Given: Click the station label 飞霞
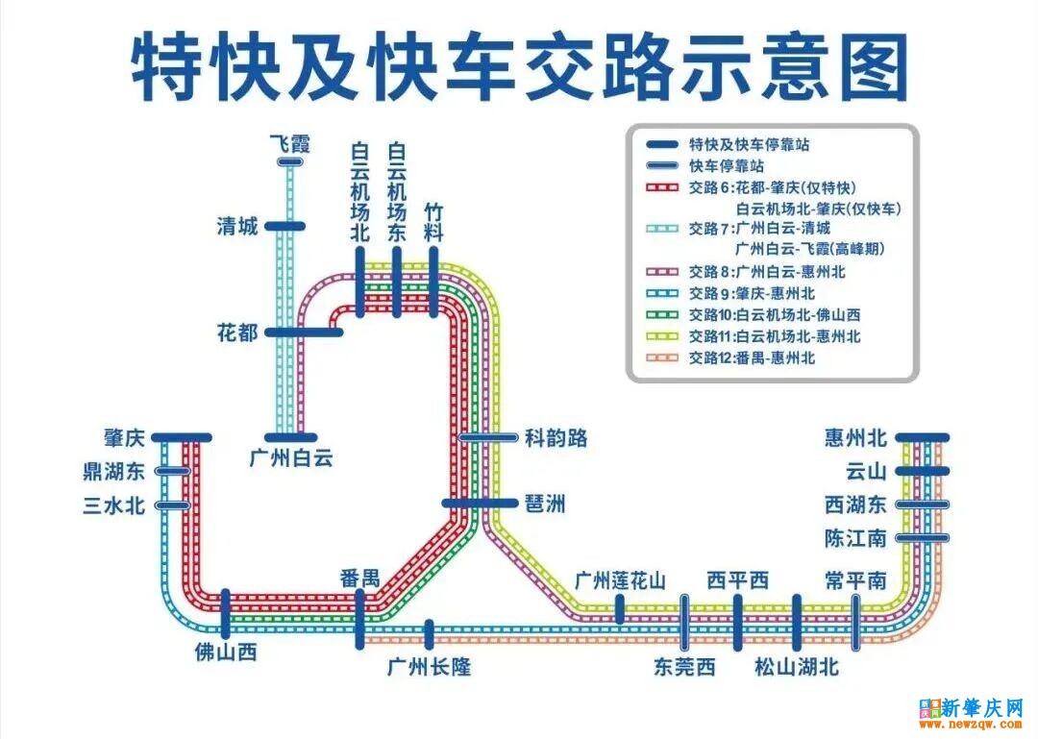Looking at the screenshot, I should point(289,144).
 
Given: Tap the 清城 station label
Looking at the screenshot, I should point(237,227).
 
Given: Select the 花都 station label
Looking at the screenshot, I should point(237,333).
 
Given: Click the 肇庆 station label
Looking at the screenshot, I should point(124,438).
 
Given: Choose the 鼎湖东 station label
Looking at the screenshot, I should point(114,472).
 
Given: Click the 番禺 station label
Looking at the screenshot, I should point(359,578).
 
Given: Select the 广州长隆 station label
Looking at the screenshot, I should point(429,666).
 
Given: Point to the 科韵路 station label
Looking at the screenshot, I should point(556,438).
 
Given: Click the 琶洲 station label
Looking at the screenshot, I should point(545,503).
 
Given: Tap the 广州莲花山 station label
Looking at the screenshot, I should point(620,580).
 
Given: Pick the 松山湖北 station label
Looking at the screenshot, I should point(797,666).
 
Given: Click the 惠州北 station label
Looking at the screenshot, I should point(855,438).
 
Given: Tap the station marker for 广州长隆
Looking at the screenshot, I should point(429,634).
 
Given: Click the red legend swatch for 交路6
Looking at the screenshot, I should point(662,187).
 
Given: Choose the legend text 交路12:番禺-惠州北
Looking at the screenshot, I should point(752,357).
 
